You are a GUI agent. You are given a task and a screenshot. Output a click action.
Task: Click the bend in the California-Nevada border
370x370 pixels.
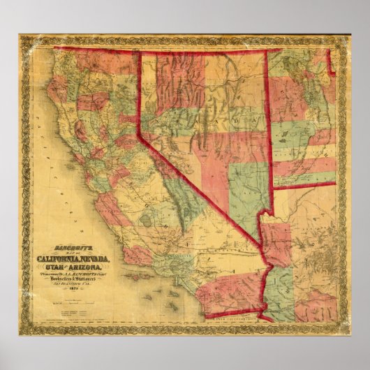[140, 135]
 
